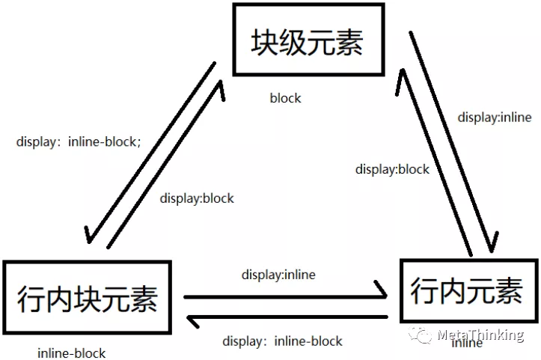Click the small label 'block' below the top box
pyautogui.click(x=285, y=98)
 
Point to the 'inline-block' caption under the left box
pyautogui.click(x=71, y=353)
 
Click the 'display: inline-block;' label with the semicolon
pyautogui.click(x=78, y=141)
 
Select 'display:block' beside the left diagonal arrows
pyautogui.click(x=197, y=198)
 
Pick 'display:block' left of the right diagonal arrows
pyautogui.click(x=392, y=169)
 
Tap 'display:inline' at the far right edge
pyautogui.click(x=495, y=117)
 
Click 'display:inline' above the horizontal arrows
pyautogui.click(x=278, y=275)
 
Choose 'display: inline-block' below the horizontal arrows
pyautogui.click(x=282, y=341)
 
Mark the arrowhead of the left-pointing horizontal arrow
pyautogui.click(x=193, y=322)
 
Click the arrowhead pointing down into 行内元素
pyautogui.click(x=492, y=244)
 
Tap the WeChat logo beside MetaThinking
pyautogui.click(x=424, y=334)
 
